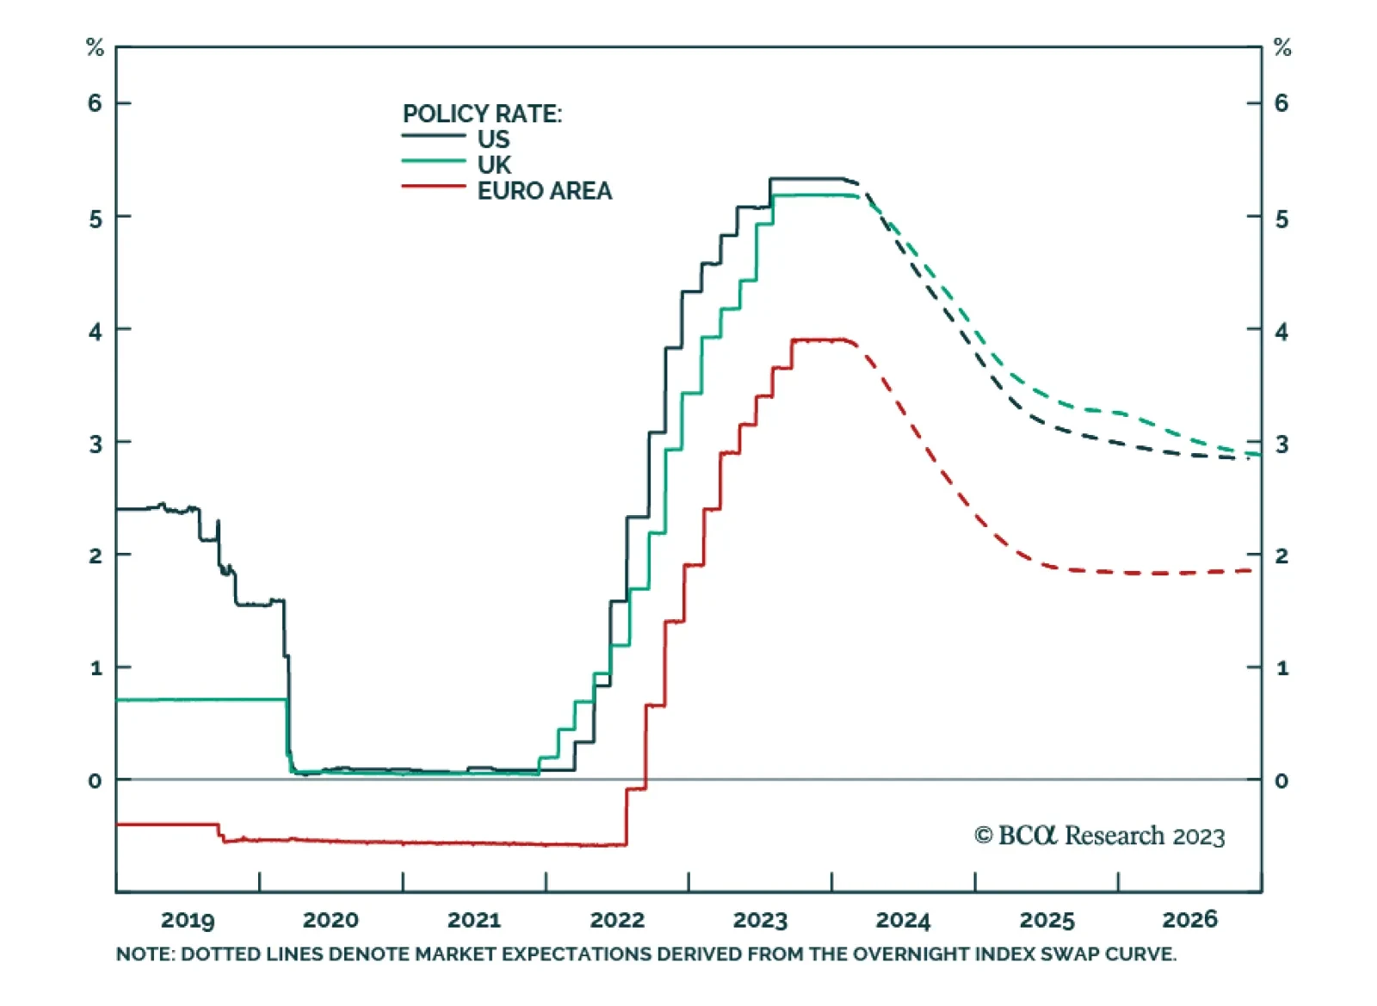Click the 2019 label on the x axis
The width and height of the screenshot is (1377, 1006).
(188, 920)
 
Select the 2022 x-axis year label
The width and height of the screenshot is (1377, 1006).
(617, 920)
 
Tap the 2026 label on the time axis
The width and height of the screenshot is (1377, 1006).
(1189, 920)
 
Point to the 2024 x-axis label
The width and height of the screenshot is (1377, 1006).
(903, 920)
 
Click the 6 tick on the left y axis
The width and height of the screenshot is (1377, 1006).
(95, 103)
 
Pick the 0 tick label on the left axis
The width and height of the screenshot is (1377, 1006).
(95, 781)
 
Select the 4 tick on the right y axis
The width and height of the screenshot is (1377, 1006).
(1281, 332)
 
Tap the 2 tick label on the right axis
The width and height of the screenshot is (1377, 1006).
(1281, 556)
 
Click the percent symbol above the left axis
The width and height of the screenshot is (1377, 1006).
(95, 47)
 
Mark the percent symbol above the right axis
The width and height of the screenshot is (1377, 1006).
(1282, 47)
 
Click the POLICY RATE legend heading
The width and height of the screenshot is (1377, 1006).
(482, 114)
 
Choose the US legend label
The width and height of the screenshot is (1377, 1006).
(494, 139)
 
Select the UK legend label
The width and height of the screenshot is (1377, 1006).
(494, 165)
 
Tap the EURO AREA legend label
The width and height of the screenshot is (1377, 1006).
(545, 190)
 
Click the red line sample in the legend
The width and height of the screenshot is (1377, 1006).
(434, 186)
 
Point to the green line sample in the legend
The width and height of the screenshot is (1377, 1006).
(434, 161)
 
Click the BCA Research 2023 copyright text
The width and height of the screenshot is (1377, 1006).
(1099, 835)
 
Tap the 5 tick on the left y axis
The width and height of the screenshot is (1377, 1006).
(95, 219)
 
